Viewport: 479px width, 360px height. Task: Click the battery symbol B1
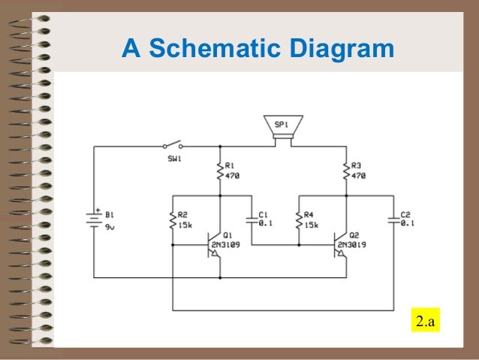[x=94, y=219]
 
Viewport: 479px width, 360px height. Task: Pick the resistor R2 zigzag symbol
[x=173, y=219]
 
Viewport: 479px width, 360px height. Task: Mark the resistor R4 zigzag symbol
[x=299, y=219]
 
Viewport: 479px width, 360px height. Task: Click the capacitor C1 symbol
[x=251, y=219]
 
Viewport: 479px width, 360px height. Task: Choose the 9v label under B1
[x=110, y=226]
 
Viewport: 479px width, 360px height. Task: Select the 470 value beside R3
[x=358, y=175]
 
